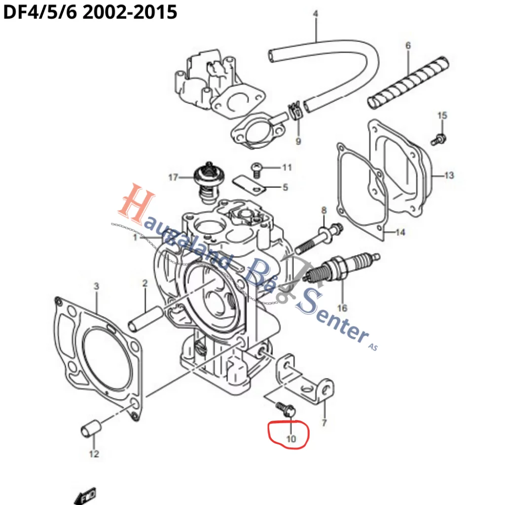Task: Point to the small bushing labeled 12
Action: point(91,428)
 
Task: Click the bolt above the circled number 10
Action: point(285,408)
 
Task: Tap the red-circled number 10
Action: point(291,438)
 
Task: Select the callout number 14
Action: point(400,232)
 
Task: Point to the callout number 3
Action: point(96,286)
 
